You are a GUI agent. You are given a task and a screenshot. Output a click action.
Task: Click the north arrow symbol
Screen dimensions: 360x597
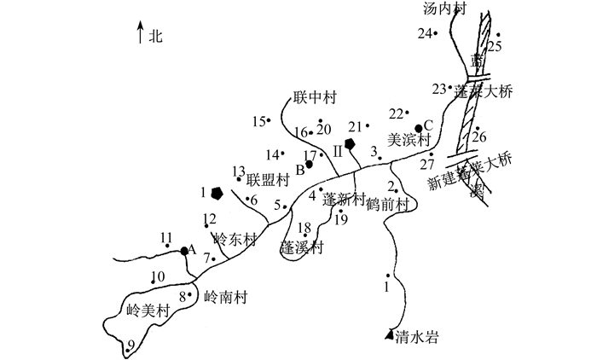(140, 34)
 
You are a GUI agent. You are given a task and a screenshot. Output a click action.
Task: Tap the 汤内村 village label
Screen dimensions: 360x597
(446, 9)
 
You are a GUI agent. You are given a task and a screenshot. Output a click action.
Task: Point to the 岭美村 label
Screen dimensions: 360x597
(149, 311)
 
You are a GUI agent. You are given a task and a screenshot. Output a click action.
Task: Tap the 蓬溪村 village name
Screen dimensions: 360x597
(304, 247)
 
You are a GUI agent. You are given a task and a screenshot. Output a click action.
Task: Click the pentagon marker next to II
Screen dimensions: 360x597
(350, 143)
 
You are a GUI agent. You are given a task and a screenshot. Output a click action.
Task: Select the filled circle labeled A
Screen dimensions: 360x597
(184, 250)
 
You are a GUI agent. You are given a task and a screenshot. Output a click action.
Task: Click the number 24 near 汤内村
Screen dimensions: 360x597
(424, 33)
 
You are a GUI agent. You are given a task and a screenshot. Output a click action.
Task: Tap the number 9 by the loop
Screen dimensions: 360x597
(130, 345)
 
